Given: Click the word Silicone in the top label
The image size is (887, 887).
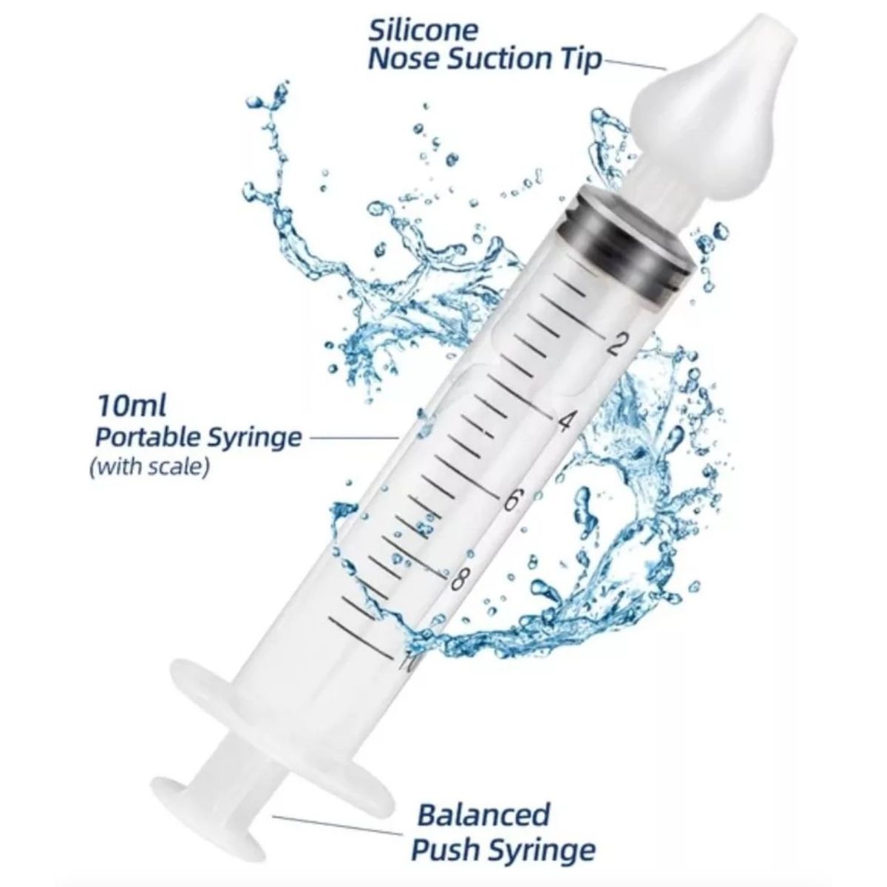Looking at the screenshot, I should (x=423, y=30).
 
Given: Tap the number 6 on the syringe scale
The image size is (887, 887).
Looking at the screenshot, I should (x=509, y=500).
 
